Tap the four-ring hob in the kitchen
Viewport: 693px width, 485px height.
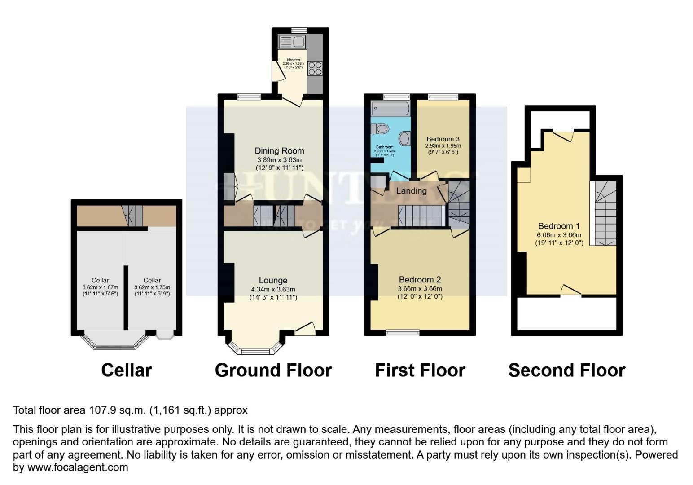point(315,68)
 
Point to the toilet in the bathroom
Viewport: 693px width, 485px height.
point(380,129)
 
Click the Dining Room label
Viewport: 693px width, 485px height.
point(279,151)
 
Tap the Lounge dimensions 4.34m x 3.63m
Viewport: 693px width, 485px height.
point(273,290)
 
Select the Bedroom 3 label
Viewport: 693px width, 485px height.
point(443,139)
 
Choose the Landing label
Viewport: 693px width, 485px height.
point(411,191)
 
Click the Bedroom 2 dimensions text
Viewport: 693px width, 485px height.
point(420,289)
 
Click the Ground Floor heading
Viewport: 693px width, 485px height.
point(273,370)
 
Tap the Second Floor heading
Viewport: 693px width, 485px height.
point(566,370)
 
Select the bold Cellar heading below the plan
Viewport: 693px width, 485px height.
point(127,370)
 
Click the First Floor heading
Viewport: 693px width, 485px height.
point(420,370)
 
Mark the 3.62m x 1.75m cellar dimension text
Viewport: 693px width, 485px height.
point(152,287)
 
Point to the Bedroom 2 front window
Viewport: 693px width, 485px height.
point(403,333)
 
